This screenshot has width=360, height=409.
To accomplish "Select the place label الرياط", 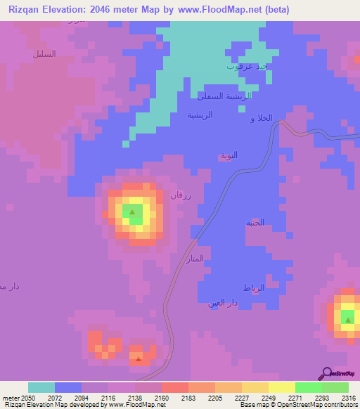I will click(252, 288).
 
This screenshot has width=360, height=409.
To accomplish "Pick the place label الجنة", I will click(255, 223).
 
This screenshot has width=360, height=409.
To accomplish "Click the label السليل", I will click(44, 54).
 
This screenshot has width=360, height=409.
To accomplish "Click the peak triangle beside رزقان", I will click(131, 211).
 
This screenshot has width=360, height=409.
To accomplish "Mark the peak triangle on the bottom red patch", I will click(139, 359).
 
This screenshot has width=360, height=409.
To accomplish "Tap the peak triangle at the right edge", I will click(348, 320).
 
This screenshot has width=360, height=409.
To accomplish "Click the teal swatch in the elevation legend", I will click(41, 387).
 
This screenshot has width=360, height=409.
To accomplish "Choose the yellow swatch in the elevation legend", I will click(281, 387).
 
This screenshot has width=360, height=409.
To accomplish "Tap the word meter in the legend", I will click(8, 397).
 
